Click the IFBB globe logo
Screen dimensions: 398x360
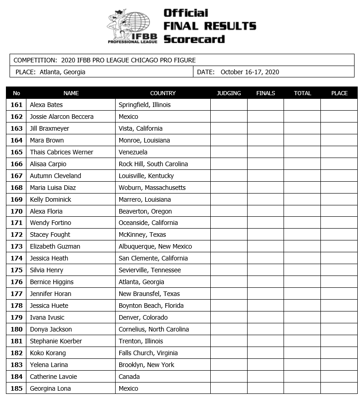point(132,26)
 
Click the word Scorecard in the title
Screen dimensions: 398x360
point(194,39)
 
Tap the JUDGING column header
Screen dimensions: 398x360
point(228,93)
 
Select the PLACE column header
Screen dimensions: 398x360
point(339,93)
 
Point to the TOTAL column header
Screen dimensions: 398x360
point(302,93)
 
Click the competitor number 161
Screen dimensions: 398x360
point(16,105)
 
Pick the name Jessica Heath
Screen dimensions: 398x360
point(49,258)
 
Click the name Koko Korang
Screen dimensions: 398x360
point(48,353)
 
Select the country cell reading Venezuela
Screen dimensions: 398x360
point(133,152)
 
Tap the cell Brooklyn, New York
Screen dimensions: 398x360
point(146,365)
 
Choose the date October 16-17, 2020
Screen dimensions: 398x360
point(249,72)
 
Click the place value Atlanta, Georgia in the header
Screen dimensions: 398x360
point(62,72)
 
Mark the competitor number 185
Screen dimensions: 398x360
point(16,388)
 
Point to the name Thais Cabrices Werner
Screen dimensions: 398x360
point(61,152)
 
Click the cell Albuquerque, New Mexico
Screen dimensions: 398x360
point(155,246)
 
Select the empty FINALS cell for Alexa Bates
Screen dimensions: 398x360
point(265,105)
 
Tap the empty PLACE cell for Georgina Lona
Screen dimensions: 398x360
point(339,388)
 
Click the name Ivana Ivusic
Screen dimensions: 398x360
point(47,317)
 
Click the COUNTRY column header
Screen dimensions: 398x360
point(162,93)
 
